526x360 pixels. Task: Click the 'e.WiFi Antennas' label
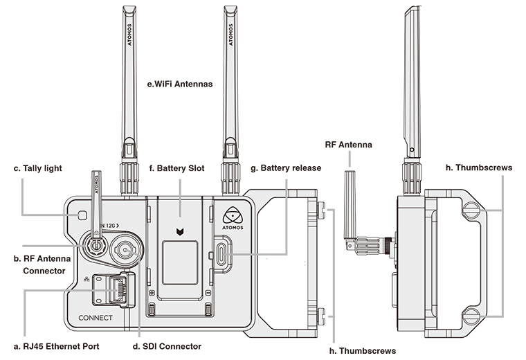tap(179, 84)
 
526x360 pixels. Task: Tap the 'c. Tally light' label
tap(43, 168)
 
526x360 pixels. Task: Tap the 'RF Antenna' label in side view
tap(348, 145)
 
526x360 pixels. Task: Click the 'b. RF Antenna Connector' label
tap(48, 264)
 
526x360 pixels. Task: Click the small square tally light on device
tap(82, 215)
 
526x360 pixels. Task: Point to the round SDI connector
tap(127, 247)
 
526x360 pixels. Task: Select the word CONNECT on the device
tap(96, 318)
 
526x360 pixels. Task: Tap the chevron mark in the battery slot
tap(181, 231)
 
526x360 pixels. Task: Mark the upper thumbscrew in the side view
tap(471, 208)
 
